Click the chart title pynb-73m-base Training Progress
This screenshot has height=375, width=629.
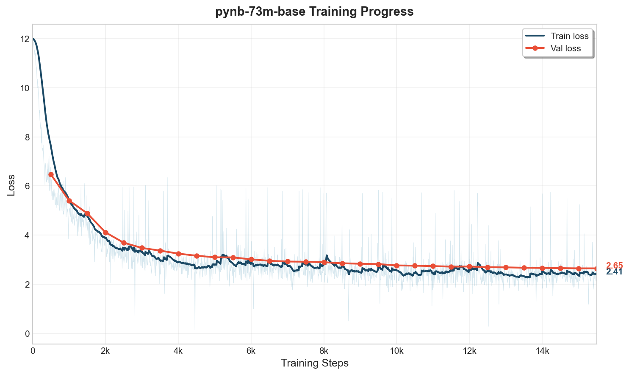tap(314, 12)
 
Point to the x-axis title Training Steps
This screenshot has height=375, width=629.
tap(314, 363)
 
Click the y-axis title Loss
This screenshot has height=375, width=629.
tap(11, 185)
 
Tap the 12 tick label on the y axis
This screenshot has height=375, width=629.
tap(25, 39)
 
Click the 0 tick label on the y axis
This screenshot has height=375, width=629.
tap(27, 333)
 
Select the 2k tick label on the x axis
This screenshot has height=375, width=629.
tap(105, 351)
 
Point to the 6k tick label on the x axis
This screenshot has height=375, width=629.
tap(251, 351)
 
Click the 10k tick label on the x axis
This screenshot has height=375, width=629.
tap(396, 351)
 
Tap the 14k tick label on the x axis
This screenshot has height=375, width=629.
tap(542, 351)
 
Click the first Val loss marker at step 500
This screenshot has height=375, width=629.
tap(51, 174)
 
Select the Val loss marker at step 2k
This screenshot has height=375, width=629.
tap(105, 232)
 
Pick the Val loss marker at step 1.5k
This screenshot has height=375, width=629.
tap(87, 213)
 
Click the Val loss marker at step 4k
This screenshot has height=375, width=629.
tap(178, 254)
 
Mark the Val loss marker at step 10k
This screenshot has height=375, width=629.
tap(396, 266)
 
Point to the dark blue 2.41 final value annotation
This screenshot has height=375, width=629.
tap(614, 272)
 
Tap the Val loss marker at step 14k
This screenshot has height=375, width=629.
tap(542, 268)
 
